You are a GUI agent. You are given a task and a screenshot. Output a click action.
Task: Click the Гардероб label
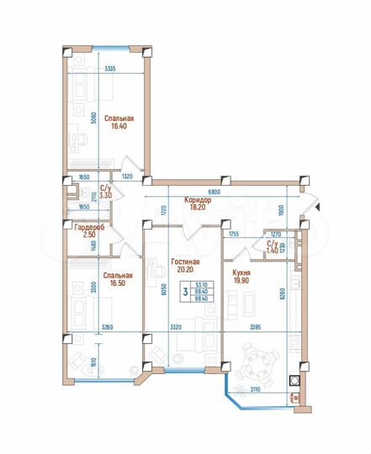click(88, 228)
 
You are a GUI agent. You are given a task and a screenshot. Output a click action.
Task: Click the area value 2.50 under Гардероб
click(88, 236)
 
